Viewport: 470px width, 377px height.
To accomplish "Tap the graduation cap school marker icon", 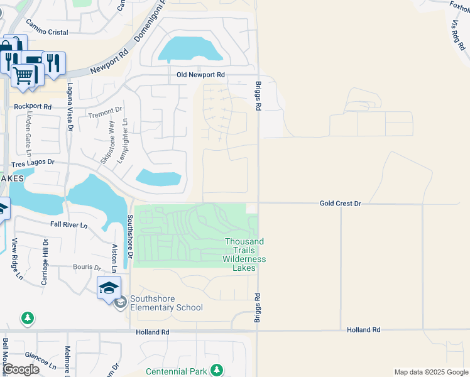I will pos(108,288).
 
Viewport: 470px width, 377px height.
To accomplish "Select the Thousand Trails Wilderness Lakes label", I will pos(244,254).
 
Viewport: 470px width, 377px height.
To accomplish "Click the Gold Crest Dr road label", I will pos(341,204).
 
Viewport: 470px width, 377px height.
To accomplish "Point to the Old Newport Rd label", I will pos(200,75).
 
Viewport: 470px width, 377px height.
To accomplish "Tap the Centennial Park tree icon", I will pos(217,369).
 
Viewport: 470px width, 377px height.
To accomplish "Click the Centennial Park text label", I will pos(177,371).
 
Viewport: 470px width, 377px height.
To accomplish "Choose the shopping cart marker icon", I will pos(23,75).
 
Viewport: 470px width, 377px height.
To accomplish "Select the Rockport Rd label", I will pos(32,107).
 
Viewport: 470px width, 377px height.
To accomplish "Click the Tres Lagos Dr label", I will pos(33,163).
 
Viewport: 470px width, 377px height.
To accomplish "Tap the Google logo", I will pos(21,369).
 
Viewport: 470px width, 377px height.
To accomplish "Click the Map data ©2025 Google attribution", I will pos(430,372).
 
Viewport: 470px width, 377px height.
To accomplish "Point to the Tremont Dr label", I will pos(104,114).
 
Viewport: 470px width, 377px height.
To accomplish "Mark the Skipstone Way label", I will pos(108,143).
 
